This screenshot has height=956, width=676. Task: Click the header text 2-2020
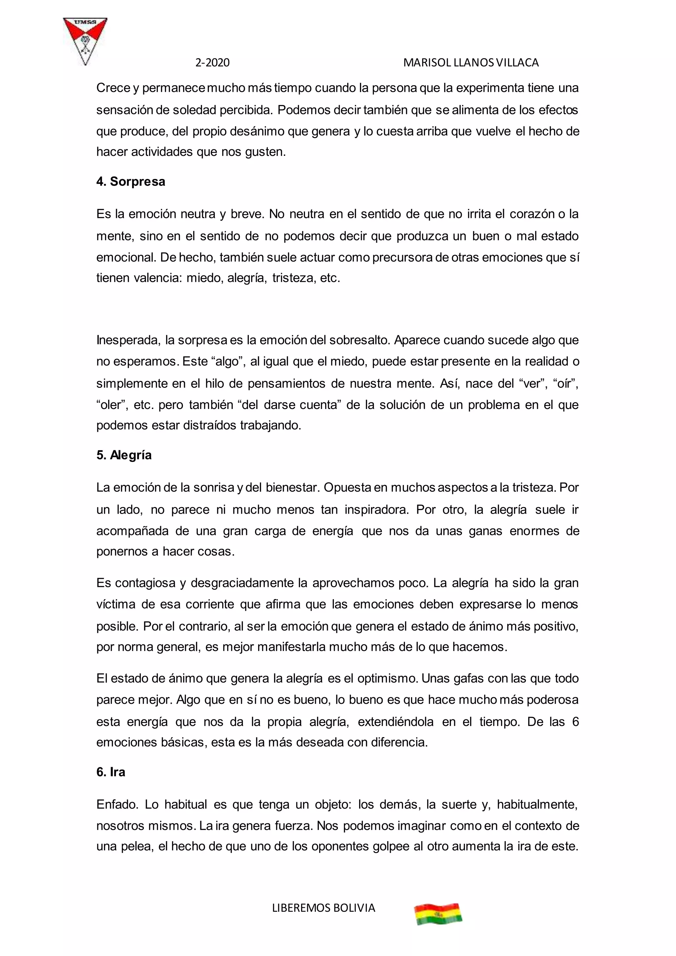tap(212, 63)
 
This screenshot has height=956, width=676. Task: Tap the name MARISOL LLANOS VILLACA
tap(471, 63)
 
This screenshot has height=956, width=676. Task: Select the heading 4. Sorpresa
tap(131, 182)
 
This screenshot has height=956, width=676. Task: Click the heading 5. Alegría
tap(124, 455)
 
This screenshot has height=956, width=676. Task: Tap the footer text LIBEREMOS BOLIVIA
tap(323, 908)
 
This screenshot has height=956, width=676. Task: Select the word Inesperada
tap(128, 340)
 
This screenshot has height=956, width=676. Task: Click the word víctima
tap(116, 604)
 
